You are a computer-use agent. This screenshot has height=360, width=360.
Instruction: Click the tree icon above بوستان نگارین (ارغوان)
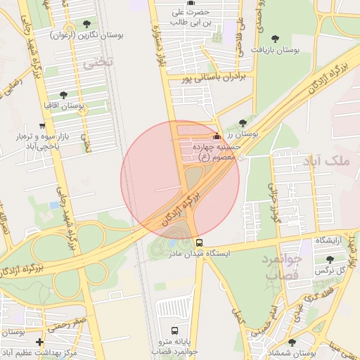86,23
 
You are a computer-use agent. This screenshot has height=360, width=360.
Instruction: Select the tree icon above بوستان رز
243,122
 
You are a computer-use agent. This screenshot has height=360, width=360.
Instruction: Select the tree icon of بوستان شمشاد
292,343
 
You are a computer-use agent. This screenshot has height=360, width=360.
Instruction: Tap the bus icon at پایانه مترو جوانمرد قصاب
174,330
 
